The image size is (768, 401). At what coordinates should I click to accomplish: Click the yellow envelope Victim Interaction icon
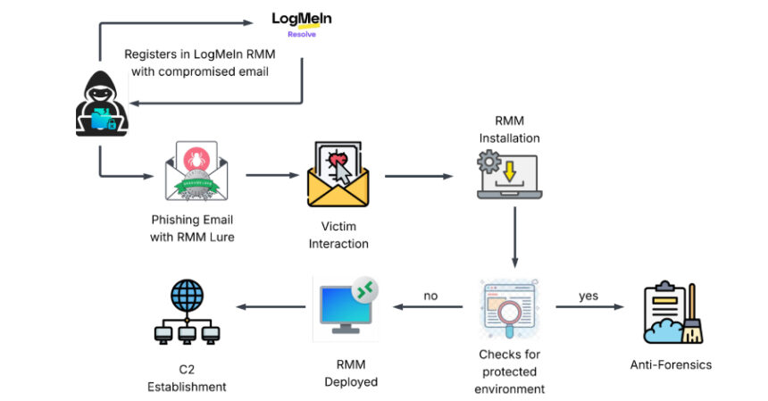click(338, 173)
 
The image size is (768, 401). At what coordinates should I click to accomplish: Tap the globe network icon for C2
click(187, 313)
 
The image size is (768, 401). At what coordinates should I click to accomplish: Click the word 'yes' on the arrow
click(589, 296)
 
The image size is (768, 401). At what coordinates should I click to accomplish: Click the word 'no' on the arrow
click(430, 296)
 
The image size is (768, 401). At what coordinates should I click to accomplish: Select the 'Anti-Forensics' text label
click(671, 364)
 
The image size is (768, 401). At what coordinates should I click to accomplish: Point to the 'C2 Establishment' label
click(187, 379)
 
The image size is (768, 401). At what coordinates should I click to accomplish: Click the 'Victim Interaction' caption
click(338, 235)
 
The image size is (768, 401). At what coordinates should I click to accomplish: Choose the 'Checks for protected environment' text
click(509, 371)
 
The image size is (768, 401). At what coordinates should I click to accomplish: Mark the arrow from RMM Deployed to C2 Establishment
click(268, 308)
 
